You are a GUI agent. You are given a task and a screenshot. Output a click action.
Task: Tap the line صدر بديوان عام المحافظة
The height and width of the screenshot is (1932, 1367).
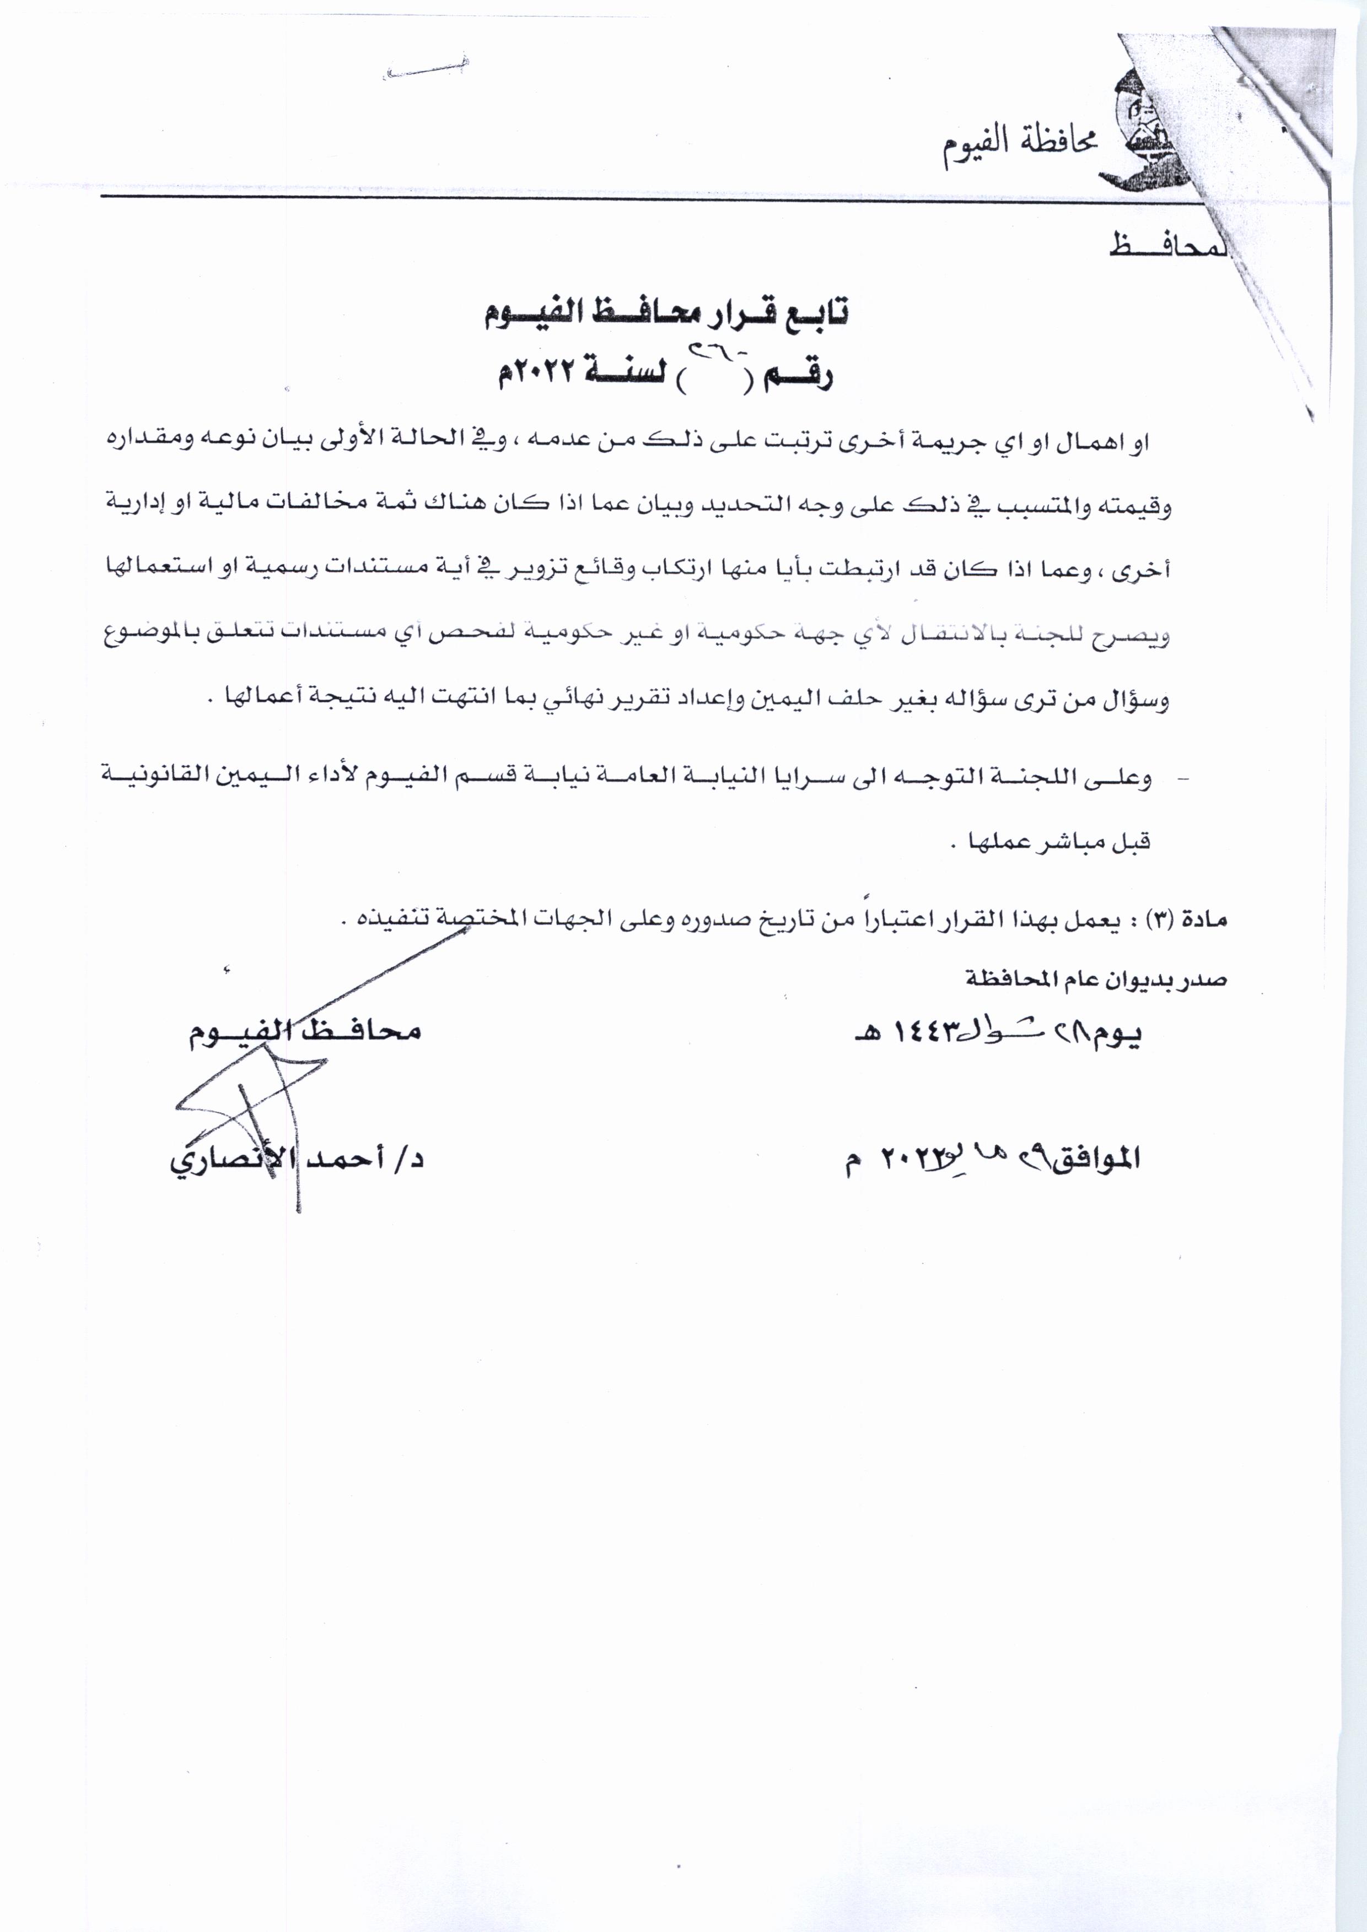tap(1094, 978)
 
